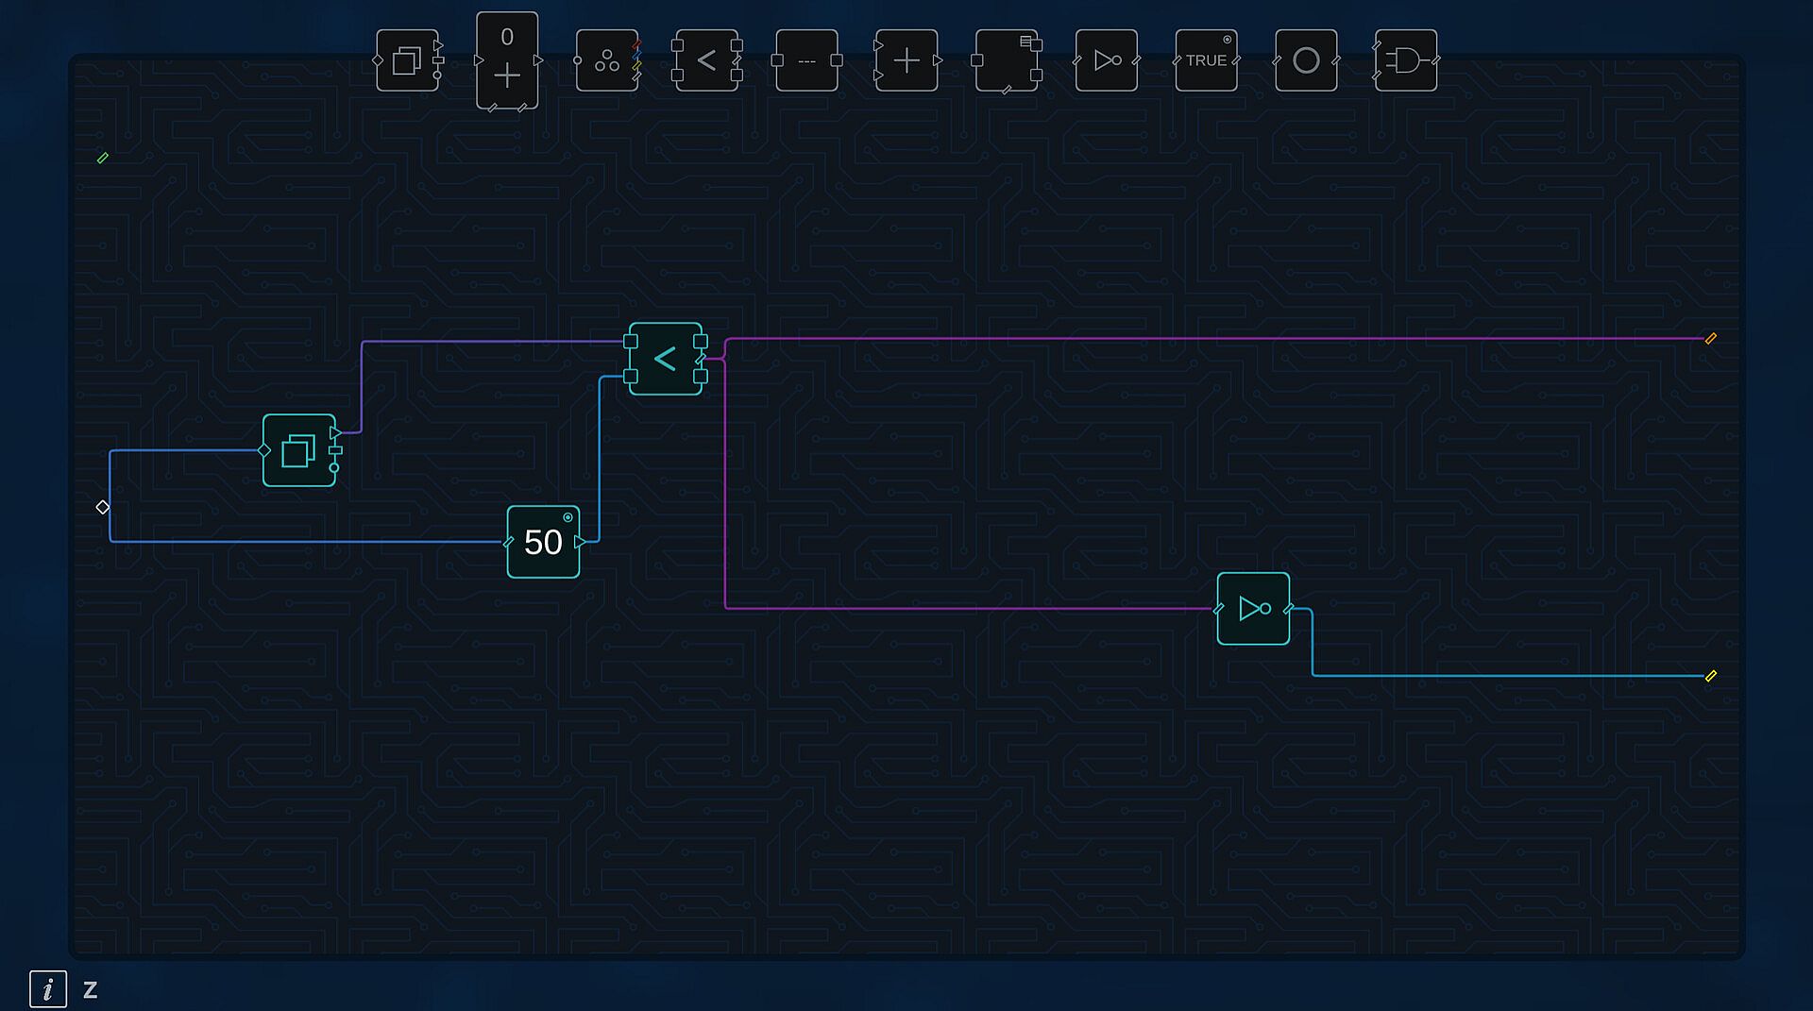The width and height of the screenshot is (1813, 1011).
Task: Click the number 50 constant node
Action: [x=543, y=542]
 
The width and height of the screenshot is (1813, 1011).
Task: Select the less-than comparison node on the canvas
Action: [x=666, y=359]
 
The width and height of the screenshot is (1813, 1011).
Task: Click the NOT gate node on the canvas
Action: [x=1253, y=609]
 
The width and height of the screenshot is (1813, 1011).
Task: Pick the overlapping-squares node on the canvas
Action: [x=299, y=450]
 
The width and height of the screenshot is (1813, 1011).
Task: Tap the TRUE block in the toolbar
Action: [x=1206, y=60]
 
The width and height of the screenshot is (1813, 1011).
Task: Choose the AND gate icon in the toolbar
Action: [x=1406, y=60]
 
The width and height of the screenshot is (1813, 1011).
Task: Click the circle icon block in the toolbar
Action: [x=1306, y=60]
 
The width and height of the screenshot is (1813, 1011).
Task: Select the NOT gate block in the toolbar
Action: [x=1107, y=60]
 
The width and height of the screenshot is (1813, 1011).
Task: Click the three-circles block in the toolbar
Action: [x=607, y=60]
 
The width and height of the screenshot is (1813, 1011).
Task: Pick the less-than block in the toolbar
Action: [x=706, y=60]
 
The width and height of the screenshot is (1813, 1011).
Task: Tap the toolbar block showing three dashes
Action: [x=806, y=60]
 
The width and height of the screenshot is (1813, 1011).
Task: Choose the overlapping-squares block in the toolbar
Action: [x=407, y=60]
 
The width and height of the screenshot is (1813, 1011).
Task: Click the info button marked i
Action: [x=48, y=989]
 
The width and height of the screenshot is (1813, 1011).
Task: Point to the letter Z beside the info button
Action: [x=91, y=990]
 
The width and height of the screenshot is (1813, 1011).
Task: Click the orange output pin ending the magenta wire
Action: [x=1710, y=339]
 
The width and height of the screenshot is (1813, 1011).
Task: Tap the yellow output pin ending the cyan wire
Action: [x=1710, y=676]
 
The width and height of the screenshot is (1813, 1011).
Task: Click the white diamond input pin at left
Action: [x=103, y=508]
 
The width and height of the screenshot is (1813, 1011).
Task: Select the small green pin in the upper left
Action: [x=103, y=159]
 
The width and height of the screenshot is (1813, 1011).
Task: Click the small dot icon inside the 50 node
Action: [x=568, y=517]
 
